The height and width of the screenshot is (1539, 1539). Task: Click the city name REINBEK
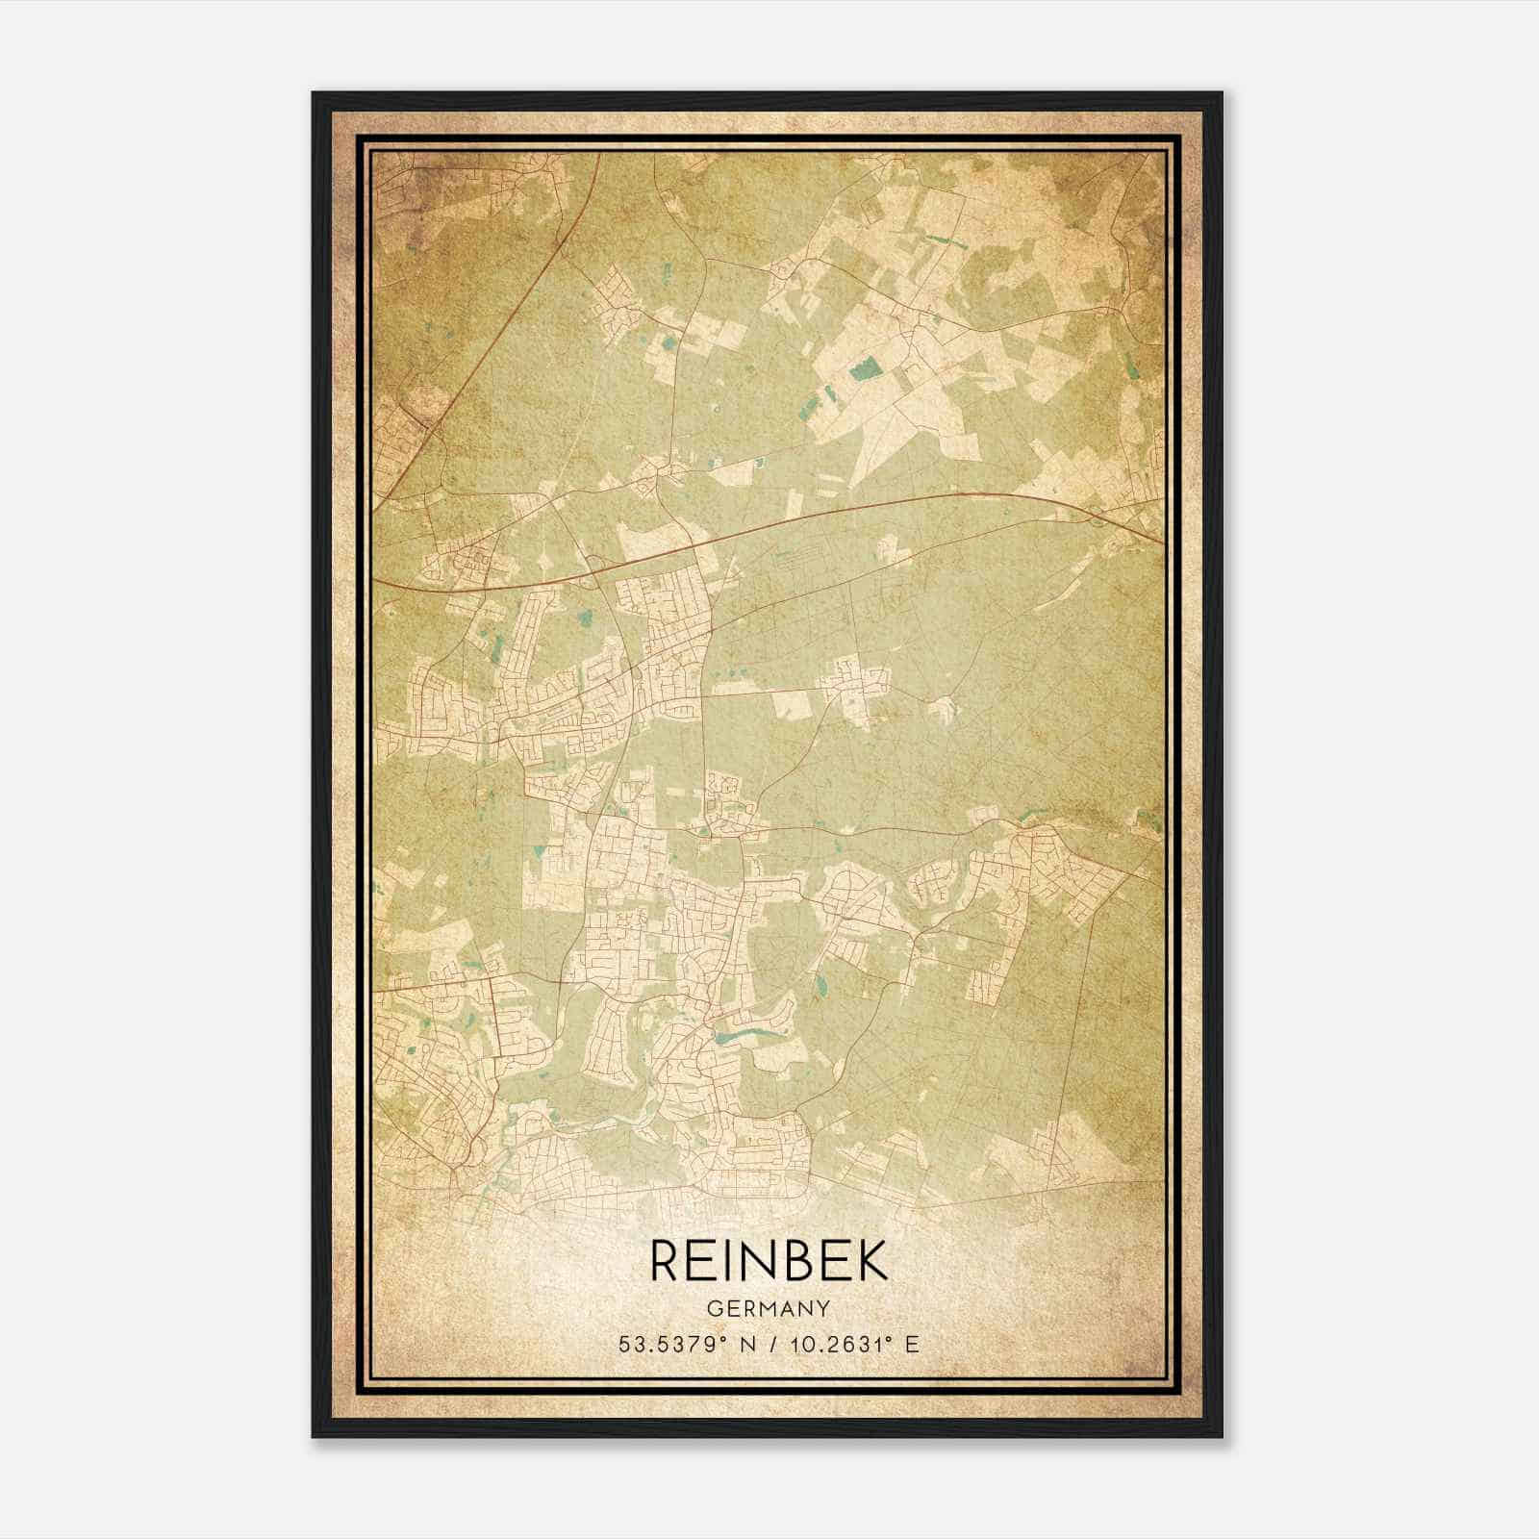point(769,1260)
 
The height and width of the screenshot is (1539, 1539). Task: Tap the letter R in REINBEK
point(667,1260)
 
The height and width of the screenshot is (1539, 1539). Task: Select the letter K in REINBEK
point(872,1260)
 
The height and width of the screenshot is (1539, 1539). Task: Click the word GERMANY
point(769,1308)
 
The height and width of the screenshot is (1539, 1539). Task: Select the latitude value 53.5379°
point(670,1344)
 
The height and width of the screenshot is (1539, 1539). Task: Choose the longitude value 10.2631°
point(835,1344)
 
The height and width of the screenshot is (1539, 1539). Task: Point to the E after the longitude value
point(912,1344)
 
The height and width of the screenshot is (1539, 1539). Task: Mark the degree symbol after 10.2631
point(889,1338)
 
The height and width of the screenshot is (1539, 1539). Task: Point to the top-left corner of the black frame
point(314,93)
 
